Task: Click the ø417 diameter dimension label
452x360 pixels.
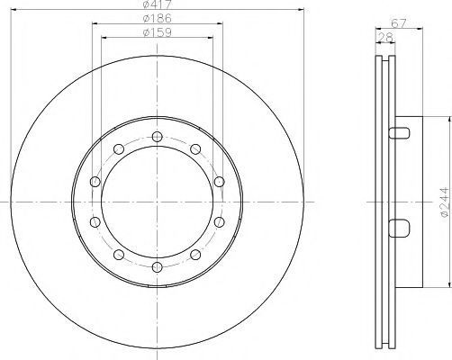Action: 158,4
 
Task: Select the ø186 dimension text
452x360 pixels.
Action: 158,19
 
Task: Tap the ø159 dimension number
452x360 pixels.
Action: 158,32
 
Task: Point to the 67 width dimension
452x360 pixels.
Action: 399,23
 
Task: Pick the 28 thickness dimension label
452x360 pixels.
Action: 385,38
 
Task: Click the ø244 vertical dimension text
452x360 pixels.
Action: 446,202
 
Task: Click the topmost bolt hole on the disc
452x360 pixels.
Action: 157,137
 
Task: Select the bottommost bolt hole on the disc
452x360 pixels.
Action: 157,267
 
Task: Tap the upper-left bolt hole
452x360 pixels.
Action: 119,148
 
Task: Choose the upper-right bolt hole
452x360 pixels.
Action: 195,148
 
